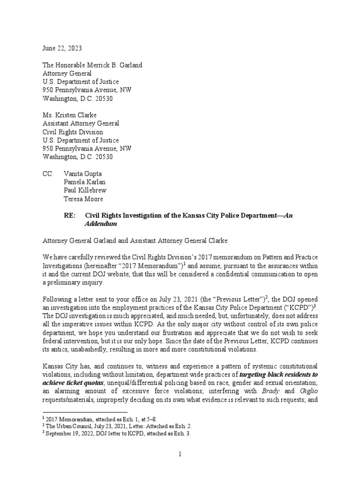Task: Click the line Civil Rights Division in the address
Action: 72,132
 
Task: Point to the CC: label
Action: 49,174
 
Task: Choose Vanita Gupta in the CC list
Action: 82,174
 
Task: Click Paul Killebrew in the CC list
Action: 84,191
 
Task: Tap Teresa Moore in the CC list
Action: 83,199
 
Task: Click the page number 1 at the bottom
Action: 180,454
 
